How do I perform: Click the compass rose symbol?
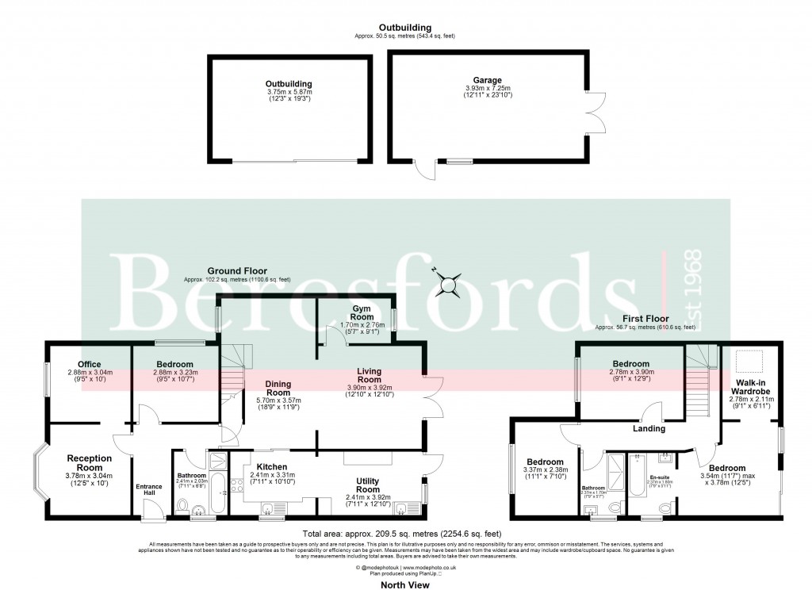(x=450, y=282)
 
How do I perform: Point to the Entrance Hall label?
(x=147, y=489)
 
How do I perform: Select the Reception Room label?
(x=90, y=463)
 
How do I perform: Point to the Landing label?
(x=648, y=429)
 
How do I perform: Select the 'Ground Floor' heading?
(x=236, y=270)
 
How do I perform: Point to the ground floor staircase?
(x=230, y=377)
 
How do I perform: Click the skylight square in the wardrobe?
(x=749, y=362)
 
